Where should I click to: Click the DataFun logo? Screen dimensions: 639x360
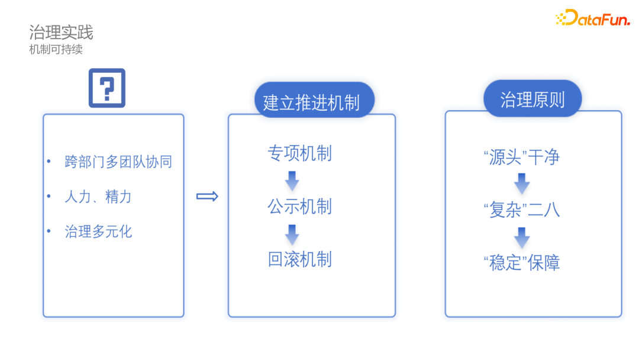pyautogui.click(x=593, y=18)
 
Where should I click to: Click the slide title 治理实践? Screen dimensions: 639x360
pyautogui.click(x=61, y=32)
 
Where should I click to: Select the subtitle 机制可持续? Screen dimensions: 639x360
pyautogui.click(x=56, y=49)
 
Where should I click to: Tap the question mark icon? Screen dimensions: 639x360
pyautogui.click(x=107, y=88)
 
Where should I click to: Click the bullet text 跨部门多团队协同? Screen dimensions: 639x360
pyautogui.click(x=118, y=162)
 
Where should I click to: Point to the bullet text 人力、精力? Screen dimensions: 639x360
pyautogui.click(x=98, y=197)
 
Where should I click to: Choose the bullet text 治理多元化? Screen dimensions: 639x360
pyautogui.click(x=98, y=232)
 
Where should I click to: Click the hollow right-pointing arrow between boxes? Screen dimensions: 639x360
pyautogui.click(x=208, y=197)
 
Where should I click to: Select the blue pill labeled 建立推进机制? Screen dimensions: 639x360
pyautogui.click(x=314, y=100)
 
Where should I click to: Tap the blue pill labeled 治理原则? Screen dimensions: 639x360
pyautogui.click(x=532, y=99)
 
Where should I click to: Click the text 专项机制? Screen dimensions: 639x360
pyautogui.click(x=300, y=153)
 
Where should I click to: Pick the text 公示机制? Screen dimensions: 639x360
pyautogui.click(x=300, y=207)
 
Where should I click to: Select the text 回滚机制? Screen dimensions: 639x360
pyautogui.click(x=300, y=259)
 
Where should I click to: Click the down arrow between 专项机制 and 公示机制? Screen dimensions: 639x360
pyautogui.click(x=292, y=181)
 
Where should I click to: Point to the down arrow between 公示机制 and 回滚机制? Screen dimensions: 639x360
pyautogui.click(x=292, y=234)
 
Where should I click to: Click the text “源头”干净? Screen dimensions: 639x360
pyautogui.click(x=522, y=157)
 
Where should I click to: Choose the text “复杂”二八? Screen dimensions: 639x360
pyautogui.click(x=522, y=210)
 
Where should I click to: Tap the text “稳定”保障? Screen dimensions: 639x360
pyautogui.click(x=522, y=262)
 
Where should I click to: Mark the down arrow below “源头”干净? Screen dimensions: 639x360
pyautogui.click(x=522, y=184)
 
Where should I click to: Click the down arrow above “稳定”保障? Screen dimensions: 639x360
pyautogui.click(x=522, y=237)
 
